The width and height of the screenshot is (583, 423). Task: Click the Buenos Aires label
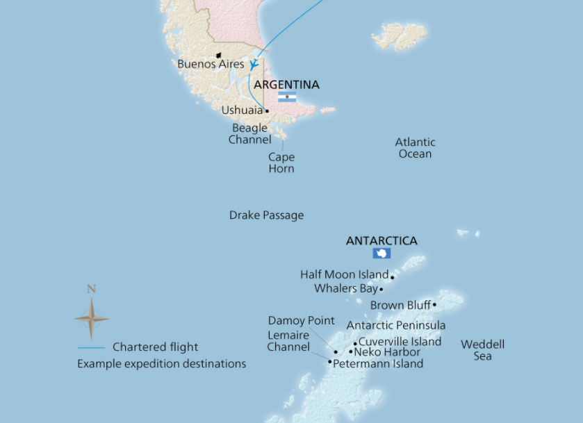[x=211, y=64]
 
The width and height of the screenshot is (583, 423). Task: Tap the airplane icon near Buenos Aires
[x=254, y=64]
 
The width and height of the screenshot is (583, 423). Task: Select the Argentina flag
[x=287, y=97]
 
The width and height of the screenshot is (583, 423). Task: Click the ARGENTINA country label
[x=287, y=85]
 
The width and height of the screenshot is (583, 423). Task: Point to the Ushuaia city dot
[x=268, y=110]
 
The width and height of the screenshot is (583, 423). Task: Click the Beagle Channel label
[x=249, y=134]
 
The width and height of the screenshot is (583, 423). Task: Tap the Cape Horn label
[x=281, y=163]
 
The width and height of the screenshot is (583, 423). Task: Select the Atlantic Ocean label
[x=415, y=148]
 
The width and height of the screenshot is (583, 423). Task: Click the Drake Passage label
[x=266, y=215]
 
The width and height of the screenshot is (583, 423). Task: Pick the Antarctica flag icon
[x=381, y=254]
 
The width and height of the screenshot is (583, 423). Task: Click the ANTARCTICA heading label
[x=381, y=241]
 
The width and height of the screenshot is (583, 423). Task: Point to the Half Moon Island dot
[x=393, y=276]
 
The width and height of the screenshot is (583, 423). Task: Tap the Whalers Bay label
[x=345, y=288]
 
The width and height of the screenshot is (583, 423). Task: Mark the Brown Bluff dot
[x=434, y=305]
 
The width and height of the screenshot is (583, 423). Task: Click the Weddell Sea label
[x=482, y=350]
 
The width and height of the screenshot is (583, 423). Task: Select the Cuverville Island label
[x=400, y=342]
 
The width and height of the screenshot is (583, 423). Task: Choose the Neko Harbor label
[x=387, y=352]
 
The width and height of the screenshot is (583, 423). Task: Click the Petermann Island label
[x=378, y=363]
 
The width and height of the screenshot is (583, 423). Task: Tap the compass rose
[x=91, y=319]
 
